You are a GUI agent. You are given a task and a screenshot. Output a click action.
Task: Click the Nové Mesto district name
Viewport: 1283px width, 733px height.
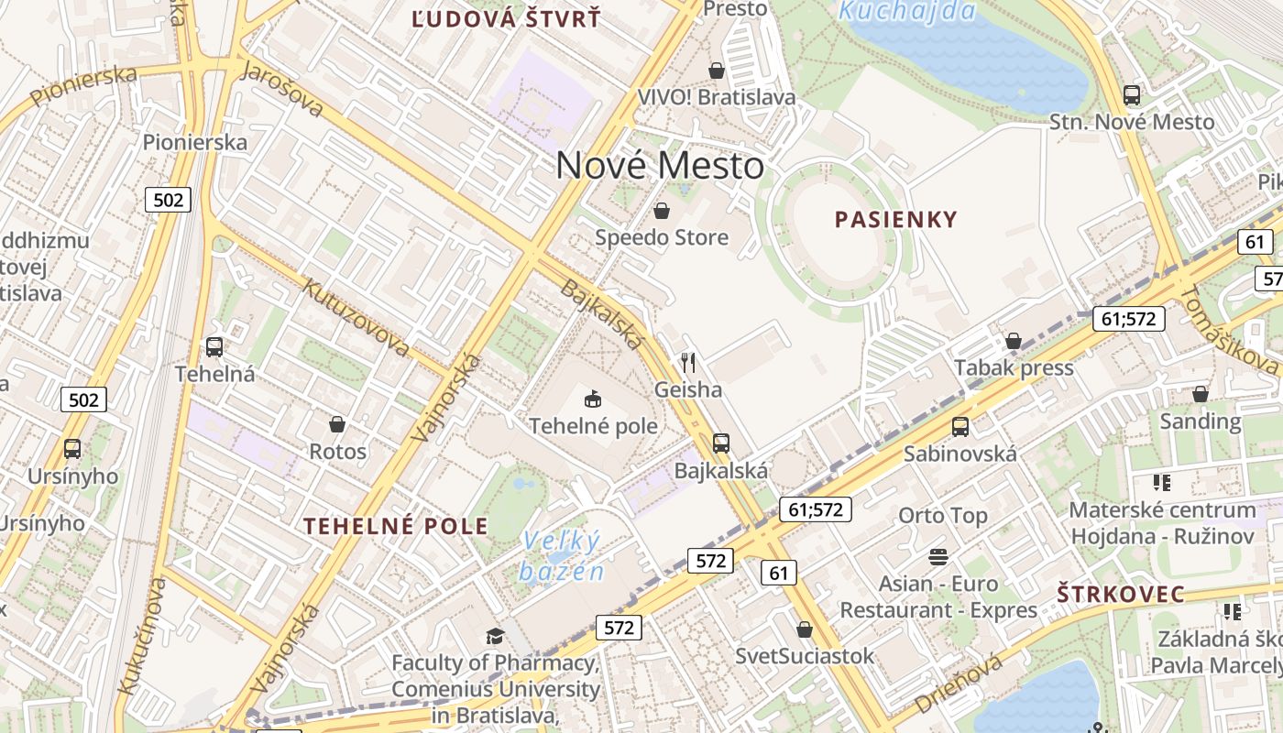click(660, 166)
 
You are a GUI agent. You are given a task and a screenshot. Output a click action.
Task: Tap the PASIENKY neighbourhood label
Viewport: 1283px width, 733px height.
click(896, 219)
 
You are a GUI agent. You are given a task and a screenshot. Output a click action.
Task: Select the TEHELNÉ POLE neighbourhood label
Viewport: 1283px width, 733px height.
click(396, 526)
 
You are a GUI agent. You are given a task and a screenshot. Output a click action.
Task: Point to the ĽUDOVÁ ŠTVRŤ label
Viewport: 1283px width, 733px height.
click(506, 18)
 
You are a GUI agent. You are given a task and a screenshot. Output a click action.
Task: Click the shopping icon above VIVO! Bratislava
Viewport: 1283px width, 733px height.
click(717, 71)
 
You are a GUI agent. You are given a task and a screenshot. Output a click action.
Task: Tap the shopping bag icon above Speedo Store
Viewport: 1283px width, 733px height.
click(662, 212)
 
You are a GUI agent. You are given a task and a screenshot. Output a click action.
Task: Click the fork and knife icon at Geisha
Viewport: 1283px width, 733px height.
click(688, 363)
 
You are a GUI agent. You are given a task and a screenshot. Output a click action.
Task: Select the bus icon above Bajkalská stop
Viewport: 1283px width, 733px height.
click(721, 443)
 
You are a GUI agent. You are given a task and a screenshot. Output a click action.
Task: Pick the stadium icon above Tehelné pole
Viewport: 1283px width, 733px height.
click(593, 399)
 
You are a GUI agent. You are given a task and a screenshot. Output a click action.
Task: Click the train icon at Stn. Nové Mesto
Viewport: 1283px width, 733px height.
click(1132, 94)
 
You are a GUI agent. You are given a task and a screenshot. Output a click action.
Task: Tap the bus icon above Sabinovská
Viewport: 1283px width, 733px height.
click(960, 426)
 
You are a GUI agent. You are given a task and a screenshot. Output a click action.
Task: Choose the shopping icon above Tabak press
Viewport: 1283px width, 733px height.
click(1014, 342)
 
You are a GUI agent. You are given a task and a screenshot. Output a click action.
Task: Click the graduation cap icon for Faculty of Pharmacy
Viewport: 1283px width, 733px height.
click(495, 636)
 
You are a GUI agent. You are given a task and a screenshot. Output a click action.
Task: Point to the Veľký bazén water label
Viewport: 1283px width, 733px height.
click(562, 556)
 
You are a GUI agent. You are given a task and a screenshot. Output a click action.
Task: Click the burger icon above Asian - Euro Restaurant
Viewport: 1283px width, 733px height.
click(938, 556)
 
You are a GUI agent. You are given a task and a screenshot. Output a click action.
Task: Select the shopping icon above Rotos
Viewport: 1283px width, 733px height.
click(337, 424)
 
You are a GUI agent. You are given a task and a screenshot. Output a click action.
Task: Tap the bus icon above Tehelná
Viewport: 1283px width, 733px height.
click(214, 347)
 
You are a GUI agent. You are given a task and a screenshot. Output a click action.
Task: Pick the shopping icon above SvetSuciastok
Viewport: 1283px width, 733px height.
click(805, 629)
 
